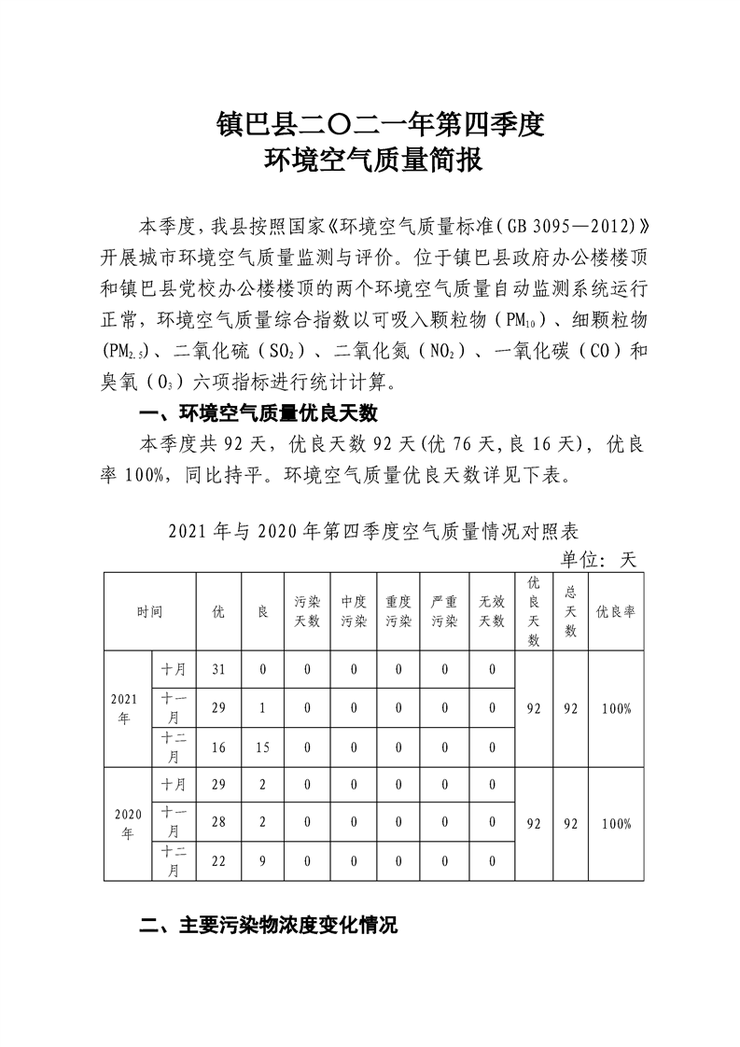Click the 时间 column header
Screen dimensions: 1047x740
point(149,612)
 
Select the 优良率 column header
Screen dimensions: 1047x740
point(616,612)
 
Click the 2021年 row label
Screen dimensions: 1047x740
point(126,708)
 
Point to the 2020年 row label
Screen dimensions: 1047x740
point(126,824)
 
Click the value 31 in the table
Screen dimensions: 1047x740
point(219,669)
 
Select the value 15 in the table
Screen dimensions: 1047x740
point(263,747)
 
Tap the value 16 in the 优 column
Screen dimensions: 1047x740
point(219,747)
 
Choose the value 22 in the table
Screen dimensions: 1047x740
point(219,862)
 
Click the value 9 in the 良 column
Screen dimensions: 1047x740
point(263,862)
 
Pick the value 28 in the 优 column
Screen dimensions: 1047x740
point(219,824)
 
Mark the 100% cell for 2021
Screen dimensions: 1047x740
point(616,708)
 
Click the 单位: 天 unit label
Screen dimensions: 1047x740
point(597,559)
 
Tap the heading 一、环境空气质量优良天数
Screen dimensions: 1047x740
point(258,413)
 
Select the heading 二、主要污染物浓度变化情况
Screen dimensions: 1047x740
point(268,927)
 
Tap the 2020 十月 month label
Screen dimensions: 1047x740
point(174,785)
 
